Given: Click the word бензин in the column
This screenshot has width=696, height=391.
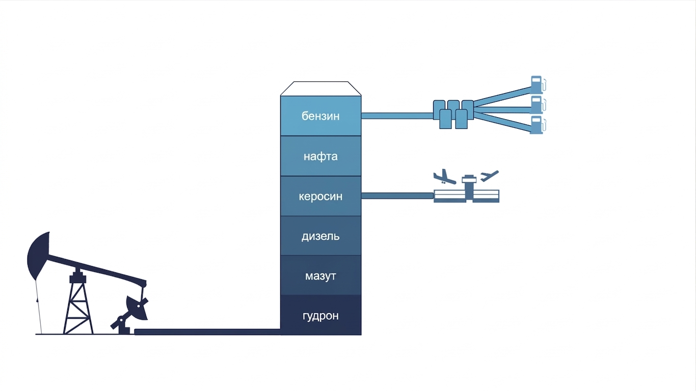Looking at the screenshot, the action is pyautogui.click(x=320, y=116).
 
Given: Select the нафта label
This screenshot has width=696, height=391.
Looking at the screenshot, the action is pyautogui.click(x=320, y=156).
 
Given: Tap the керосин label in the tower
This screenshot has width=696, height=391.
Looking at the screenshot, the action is pyautogui.click(x=320, y=197).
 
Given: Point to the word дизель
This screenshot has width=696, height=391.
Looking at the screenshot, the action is pyautogui.click(x=320, y=236).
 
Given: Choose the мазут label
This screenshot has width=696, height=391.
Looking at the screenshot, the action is pyautogui.click(x=320, y=276).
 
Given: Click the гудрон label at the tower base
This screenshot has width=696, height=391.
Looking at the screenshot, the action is pyautogui.click(x=320, y=316).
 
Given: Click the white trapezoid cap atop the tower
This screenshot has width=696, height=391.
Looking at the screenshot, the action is pyautogui.click(x=320, y=89).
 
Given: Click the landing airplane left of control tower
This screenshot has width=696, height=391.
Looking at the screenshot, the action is pyautogui.click(x=444, y=177).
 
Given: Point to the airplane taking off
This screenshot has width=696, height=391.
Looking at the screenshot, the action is pyautogui.click(x=489, y=176).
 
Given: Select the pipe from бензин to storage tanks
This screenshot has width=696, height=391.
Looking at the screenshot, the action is pyautogui.click(x=397, y=116).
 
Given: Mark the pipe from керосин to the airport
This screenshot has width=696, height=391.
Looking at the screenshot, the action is pyautogui.click(x=397, y=196).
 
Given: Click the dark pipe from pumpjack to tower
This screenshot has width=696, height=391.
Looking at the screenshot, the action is pyautogui.click(x=207, y=332).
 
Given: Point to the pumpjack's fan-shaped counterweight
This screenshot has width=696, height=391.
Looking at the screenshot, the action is pyautogui.click(x=137, y=308).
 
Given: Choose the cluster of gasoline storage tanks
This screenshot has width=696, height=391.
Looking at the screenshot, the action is pyautogui.click(x=453, y=114).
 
